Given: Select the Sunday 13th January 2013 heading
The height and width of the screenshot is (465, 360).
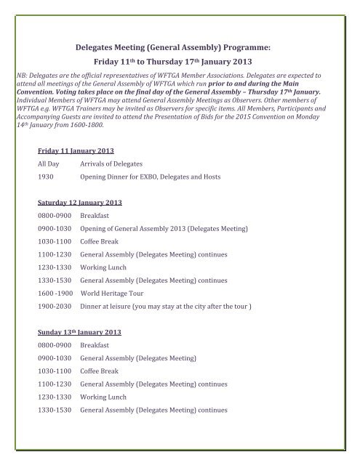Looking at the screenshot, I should pos(79,331).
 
